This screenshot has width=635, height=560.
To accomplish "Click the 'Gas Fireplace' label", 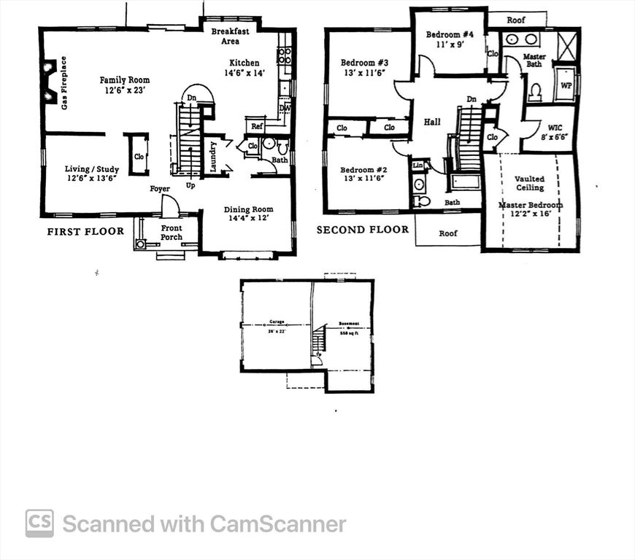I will tap(64, 82).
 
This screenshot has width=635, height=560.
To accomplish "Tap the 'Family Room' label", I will tap(125, 79).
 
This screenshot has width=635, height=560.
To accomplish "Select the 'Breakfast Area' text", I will tap(231, 36).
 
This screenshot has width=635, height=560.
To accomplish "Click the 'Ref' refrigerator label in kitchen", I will tap(257, 126).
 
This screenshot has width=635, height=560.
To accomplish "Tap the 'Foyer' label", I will tap(160, 189).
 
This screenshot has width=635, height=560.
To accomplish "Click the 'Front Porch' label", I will tap(172, 233).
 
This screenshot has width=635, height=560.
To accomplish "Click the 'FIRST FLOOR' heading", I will tap(85, 231).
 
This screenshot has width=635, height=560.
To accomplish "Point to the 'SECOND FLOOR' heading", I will tap(362, 230).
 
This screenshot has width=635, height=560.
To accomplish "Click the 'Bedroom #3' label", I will tap(364, 63).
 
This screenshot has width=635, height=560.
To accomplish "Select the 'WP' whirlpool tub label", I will tap(565, 85).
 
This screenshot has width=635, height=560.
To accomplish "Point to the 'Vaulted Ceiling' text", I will tap(529, 183).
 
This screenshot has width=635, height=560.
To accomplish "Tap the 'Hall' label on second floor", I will tap(432, 122).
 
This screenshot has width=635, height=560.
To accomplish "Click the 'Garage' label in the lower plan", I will tap(277, 322).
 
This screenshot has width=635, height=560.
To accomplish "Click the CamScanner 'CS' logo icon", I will tap(39, 523).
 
